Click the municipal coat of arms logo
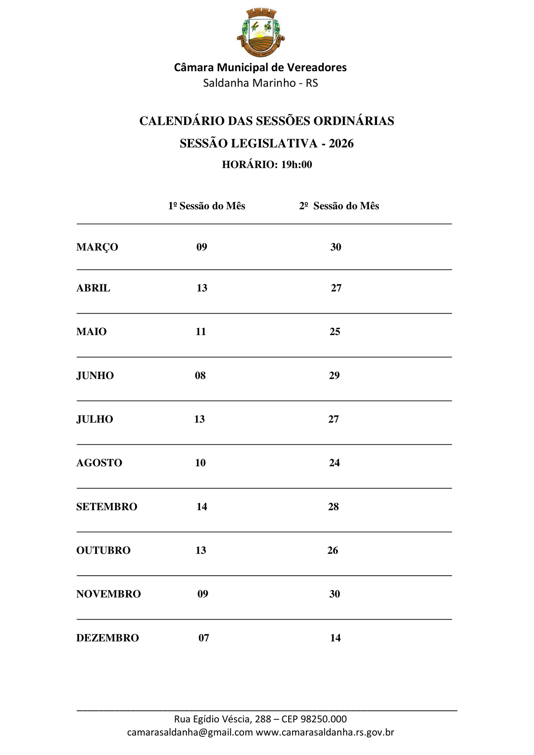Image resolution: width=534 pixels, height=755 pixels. tap(261, 32)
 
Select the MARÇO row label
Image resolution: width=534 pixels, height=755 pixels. tap(97, 247)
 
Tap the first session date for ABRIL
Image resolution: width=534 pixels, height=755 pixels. tap(202, 288)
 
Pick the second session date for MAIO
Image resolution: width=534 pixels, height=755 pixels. tap(335, 331)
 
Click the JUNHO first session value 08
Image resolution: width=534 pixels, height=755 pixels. tap(200, 375)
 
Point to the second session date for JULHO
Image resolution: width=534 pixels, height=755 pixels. tap(333, 419)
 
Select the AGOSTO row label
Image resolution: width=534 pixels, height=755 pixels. tap(99, 462)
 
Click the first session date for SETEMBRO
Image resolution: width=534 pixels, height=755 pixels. tap(202, 506)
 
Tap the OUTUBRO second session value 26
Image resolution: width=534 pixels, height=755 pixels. tap(333, 550)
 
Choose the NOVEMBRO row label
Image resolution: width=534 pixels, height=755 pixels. tap(108, 594)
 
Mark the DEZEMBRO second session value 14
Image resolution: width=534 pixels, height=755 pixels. tap(335, 638)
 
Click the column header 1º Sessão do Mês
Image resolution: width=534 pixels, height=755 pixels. tap(207, 206)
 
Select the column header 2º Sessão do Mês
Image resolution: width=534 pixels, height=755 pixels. tap(339, 206)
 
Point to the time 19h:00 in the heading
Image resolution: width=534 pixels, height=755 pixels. tap(296, 164)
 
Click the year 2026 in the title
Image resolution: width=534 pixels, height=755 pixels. tap(341, 143)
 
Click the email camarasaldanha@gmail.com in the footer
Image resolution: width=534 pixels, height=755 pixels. tap(190, 732)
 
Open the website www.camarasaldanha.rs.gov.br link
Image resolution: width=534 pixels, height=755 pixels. tap(325, 732)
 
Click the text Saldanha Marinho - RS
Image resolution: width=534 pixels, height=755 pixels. tap(260, 83)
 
